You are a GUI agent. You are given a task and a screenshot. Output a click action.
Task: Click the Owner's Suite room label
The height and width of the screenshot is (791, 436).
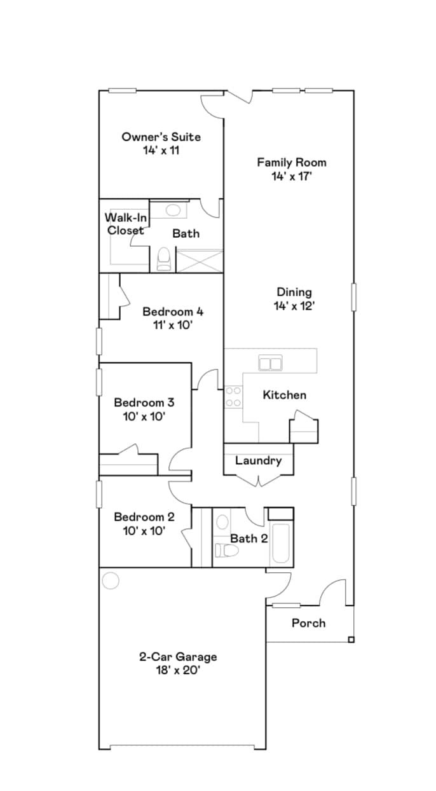(x=161, y=137)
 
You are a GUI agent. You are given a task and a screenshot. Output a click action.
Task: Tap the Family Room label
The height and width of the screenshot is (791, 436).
(x=291, y=162)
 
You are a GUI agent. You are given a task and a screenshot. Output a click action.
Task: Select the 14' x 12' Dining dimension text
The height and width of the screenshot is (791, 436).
(x=294, y=306)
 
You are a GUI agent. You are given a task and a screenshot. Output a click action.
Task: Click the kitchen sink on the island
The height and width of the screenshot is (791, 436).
(x=271, y=363)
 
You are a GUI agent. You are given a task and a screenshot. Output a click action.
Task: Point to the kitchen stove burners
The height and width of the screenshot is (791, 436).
(x=233, y=397)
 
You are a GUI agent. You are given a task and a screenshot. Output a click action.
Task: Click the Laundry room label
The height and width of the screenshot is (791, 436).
(x=258, y=460)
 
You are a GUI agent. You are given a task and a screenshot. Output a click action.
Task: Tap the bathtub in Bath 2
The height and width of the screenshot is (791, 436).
(x=280, y=544)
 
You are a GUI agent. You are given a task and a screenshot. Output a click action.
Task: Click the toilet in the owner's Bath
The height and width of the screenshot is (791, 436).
(x=164, y=259)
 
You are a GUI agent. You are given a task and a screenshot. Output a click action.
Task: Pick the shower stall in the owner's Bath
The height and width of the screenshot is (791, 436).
(x=199, y=261)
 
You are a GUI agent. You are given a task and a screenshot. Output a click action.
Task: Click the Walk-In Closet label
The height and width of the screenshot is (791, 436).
(x=126, y=224)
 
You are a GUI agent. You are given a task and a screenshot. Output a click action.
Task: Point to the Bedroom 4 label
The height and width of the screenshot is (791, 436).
(x=173, y=312)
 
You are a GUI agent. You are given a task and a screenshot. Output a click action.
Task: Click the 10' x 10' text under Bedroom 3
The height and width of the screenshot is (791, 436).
(x=144, y=416)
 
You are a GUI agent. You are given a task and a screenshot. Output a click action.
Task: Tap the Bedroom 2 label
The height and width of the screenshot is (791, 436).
(x=144, y=518)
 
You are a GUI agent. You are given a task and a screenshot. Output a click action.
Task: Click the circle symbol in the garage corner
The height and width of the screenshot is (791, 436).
(x=111, y=581)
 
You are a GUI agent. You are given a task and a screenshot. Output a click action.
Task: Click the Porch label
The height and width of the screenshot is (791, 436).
(x=308, y=623)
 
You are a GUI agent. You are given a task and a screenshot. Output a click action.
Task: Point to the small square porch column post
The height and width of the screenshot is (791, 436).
(x=351, y=638)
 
